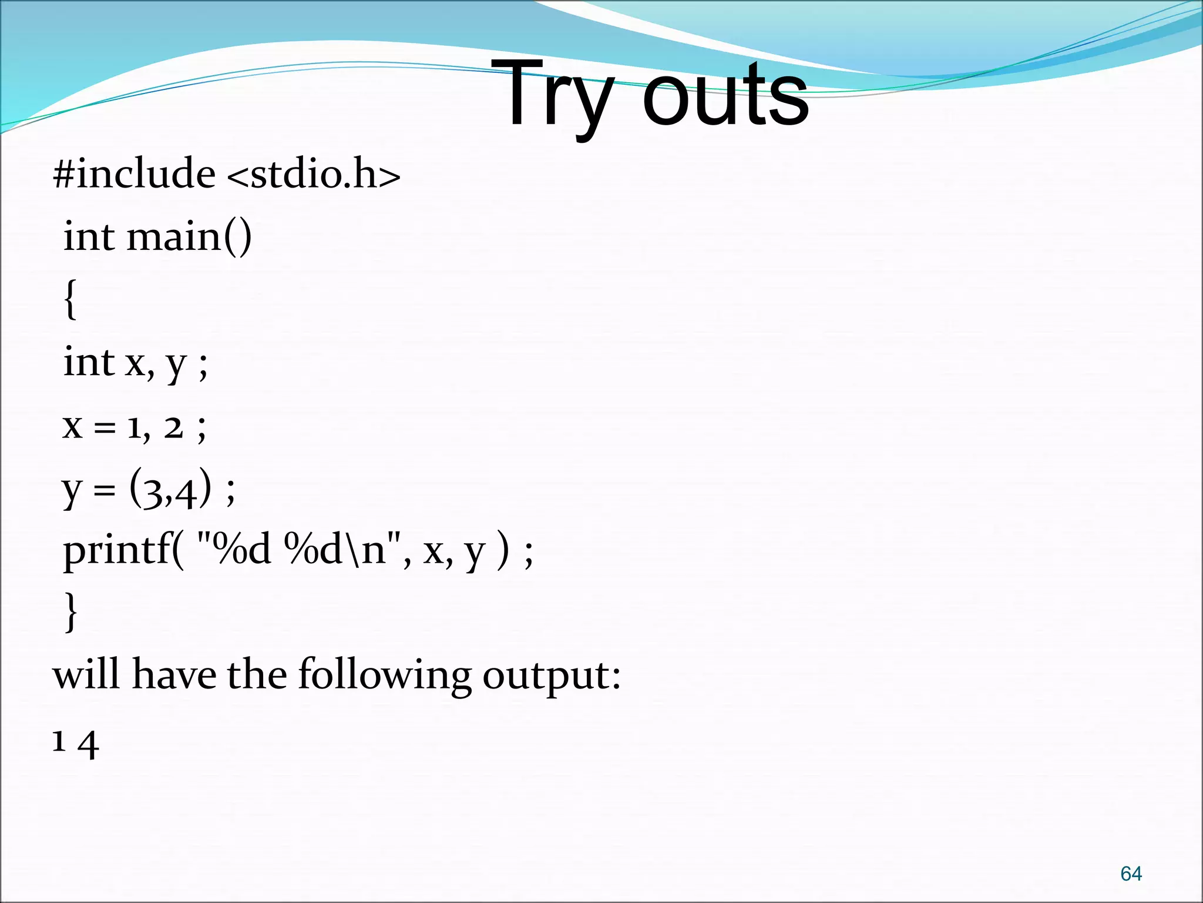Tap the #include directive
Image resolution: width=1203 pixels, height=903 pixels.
coord(135,174)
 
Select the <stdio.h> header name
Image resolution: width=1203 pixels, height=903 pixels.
coord(313,174)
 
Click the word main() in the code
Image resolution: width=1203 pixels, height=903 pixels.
coord(189,237)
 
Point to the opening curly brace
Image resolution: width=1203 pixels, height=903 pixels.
coord(70,299)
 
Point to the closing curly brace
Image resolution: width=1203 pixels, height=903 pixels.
coord(70,612)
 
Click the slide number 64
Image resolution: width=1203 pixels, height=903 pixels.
coord(1131,874)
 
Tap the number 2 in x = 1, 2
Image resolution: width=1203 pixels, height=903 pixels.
coord(174,427)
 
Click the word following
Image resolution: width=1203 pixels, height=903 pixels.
coord(385,674)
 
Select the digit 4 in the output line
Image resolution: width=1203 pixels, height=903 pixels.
coord(88,745)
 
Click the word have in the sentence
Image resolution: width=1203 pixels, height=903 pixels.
coord(174,674)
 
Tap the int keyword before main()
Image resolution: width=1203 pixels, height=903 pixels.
coord(89,237)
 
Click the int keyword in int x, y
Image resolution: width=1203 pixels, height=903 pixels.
coord(89,362)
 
